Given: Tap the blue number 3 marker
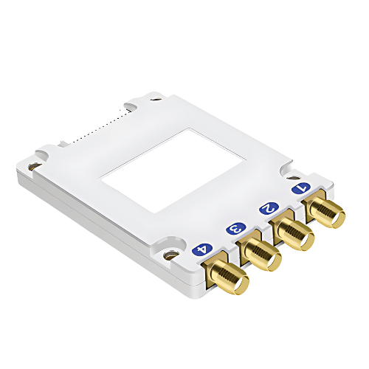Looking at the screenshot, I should [x=236, y=229].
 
